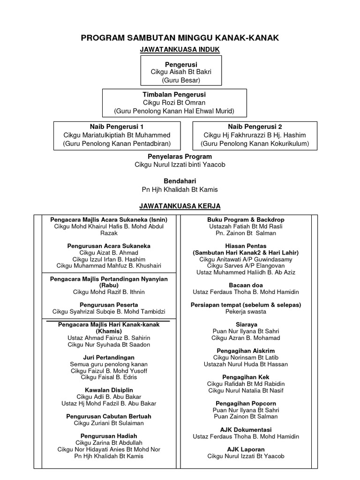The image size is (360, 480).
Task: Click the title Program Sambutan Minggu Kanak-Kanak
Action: coord(180,38)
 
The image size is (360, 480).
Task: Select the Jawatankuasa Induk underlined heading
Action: coord(180,49)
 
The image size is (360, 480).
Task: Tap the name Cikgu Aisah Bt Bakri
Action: coord(181,72)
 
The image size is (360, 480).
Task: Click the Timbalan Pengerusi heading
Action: coord(174,95)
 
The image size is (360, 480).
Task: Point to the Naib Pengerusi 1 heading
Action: coord(117,127)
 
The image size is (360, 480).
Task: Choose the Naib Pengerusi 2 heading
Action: coord(255,127)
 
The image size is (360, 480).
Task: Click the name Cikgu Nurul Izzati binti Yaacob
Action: coord(180,165)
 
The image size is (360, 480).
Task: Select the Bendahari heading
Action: coord(180,181)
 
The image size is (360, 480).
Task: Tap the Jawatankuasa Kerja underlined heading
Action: coord(180,206)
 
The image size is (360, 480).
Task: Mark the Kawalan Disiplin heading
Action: coord(109,390)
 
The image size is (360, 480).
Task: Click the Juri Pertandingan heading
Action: coord(109,357)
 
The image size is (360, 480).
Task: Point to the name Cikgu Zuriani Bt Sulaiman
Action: coord(109,423)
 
